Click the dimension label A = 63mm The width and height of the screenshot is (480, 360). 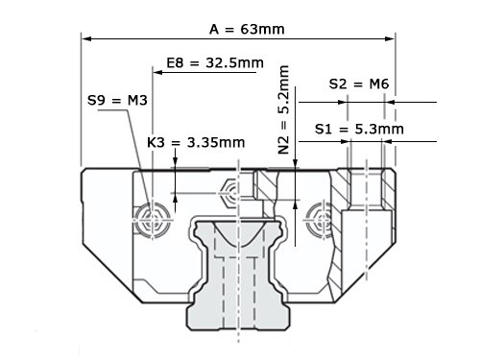tap(247, 30)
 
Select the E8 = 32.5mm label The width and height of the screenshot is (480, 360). tap(215, 62)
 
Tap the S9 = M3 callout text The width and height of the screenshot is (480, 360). tap(117, 101)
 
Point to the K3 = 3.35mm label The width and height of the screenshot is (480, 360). tap(196, 142)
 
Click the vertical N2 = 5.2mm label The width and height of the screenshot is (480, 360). tap(284, 109)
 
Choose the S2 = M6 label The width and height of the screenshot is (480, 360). tap(359, 84)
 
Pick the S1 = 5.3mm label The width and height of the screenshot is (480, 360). tap(359, 129)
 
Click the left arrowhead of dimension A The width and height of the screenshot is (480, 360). tap(87, 38)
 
